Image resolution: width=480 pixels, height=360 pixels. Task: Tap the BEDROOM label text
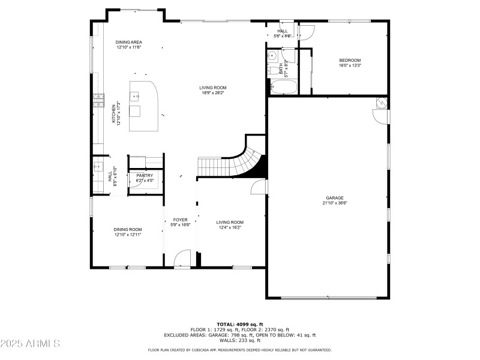350,60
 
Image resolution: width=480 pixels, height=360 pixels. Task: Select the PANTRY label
145,175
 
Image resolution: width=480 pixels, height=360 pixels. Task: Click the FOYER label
181,220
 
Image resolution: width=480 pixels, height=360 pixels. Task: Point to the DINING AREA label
129,42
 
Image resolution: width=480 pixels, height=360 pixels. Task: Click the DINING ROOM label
128,229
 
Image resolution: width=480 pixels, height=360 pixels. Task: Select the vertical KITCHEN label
113,114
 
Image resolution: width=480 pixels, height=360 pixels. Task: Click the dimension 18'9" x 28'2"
213,93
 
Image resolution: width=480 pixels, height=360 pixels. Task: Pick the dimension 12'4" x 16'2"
230,227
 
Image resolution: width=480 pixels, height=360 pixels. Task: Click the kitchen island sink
136,95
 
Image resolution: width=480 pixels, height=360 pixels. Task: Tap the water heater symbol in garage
381,103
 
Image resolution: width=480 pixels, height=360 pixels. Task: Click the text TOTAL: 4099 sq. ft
239,324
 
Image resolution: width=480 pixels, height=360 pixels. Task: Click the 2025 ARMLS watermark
30,344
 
